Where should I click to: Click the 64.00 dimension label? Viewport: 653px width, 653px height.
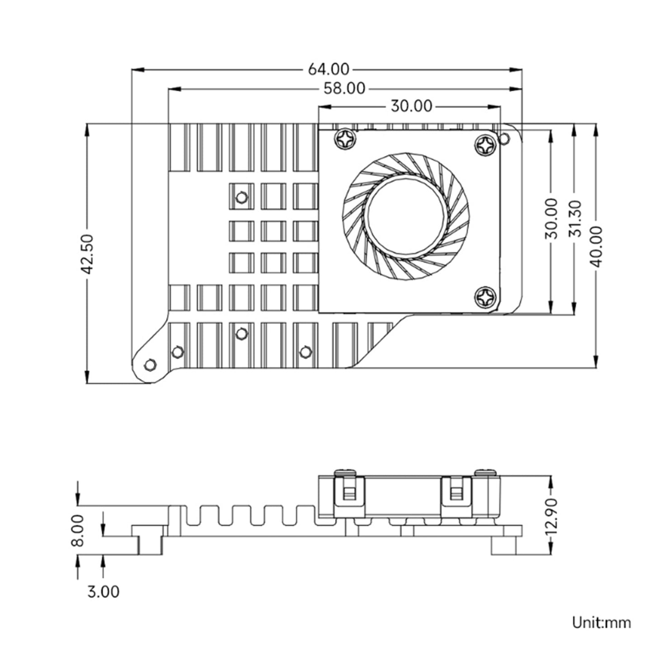coord(329,69)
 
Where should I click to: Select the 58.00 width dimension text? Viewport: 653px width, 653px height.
coord(344,89)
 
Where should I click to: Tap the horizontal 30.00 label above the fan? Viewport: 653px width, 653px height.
coord(411,107)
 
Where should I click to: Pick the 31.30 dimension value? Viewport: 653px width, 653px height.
coord(574,219)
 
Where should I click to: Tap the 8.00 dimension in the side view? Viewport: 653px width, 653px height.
coord(78,531)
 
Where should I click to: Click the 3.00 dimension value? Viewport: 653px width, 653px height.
coord(103,592)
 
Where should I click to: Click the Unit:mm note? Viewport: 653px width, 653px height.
coord(601,622)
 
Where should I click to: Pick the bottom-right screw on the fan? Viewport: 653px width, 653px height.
coord(486,297)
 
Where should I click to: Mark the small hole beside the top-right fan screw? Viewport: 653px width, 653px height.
coord(505,138)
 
